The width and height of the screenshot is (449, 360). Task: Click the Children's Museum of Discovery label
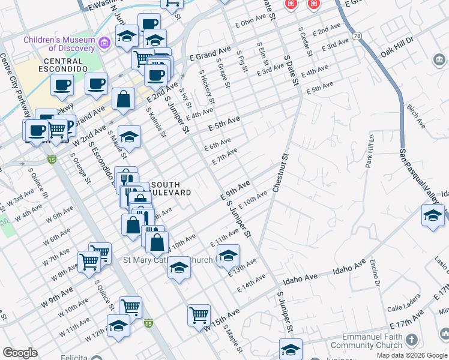click(x=59, y=44)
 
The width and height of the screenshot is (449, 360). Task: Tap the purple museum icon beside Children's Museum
click(x=104, y=42)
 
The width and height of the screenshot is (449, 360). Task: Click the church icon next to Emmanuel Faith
click(x=411, y=340)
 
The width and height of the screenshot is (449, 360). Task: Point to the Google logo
click(x=20, y=353)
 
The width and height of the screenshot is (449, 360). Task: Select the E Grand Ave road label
click(x=210, y=56)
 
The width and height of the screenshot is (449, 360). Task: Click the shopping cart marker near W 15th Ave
click(x=199, y=314)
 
